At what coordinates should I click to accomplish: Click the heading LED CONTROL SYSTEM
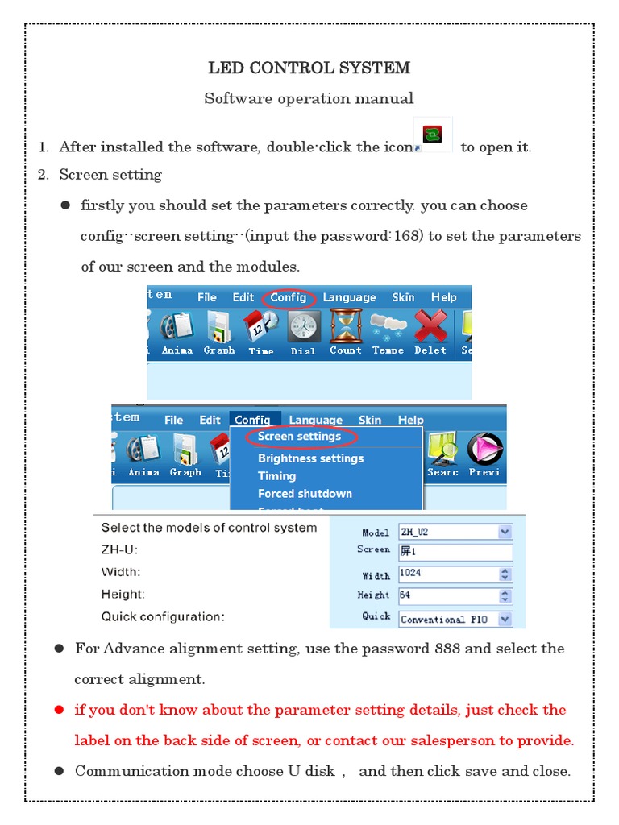click(x=309, y=68)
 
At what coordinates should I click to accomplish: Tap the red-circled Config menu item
click(x=288, y=297)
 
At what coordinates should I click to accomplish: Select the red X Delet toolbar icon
click(x=430, y=328)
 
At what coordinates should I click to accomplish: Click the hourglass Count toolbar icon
click(x=346, y=327)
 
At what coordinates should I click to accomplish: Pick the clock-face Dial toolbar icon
click(x=304, y=328)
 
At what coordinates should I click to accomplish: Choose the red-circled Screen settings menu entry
click(x=299, y=437)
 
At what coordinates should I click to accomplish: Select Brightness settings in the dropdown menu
click(x=310, y=458)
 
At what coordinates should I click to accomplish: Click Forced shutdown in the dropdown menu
click(x=305, y=493)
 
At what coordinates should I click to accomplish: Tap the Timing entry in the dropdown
click(x=276, y=476)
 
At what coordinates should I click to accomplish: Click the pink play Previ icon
click(x=484, y=450)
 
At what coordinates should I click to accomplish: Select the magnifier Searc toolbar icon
click(x=442, y=450)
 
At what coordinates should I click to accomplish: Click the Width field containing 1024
click(x=448, y=574)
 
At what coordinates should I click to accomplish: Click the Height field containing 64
click(x=448, y=596)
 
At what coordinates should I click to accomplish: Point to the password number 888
click(x=448, y=649)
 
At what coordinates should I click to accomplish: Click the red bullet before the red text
click(x=59, y=711)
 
